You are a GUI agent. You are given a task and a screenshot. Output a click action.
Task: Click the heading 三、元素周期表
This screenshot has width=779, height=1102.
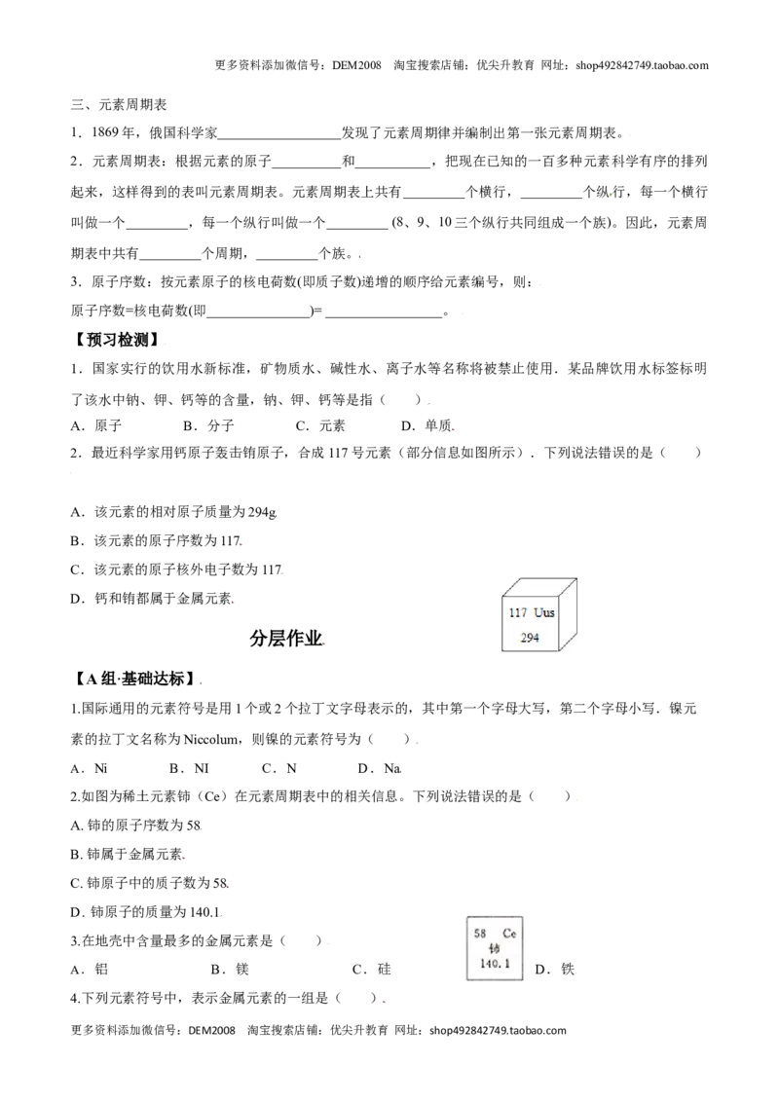(119, 105)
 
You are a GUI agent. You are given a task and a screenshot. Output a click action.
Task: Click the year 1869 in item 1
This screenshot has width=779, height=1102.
(106, 132)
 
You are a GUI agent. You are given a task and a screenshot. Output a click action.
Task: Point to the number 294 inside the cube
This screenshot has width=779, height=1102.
(530, 639)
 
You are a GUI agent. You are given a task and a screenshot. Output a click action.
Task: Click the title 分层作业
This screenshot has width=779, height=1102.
(286, 639)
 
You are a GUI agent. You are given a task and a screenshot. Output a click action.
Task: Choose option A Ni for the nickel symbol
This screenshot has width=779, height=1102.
(90, 769)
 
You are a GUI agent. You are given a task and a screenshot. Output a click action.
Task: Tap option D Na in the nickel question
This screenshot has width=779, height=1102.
(379, 769)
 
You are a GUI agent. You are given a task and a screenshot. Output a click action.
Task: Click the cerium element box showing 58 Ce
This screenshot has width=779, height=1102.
(495, 948)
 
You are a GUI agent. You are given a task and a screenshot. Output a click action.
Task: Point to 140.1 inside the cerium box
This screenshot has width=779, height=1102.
(495, 964)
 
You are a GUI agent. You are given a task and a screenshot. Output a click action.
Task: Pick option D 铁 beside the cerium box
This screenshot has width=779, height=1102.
(555, 970)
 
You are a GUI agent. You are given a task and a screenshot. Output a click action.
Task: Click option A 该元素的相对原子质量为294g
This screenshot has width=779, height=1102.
(173, 512)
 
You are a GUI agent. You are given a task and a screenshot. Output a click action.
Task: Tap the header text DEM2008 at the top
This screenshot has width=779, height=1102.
(356, 66)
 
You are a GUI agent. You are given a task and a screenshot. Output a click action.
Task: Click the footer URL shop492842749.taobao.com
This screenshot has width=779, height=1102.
(498, 1031)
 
